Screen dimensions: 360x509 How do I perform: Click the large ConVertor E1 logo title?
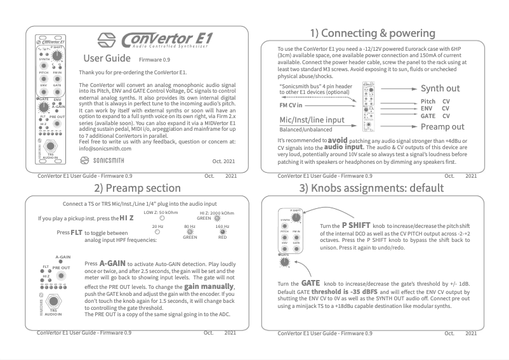[x=166, y=39]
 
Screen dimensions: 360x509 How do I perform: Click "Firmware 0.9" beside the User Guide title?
[x=155, y=59]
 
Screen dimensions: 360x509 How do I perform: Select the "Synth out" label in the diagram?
[x=440, y=88]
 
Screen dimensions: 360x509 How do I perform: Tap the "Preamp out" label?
[x=443, y=126]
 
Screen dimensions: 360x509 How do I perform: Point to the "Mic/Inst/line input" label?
[x=312, y=119]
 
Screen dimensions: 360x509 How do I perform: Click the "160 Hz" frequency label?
[x=222, y=227]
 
